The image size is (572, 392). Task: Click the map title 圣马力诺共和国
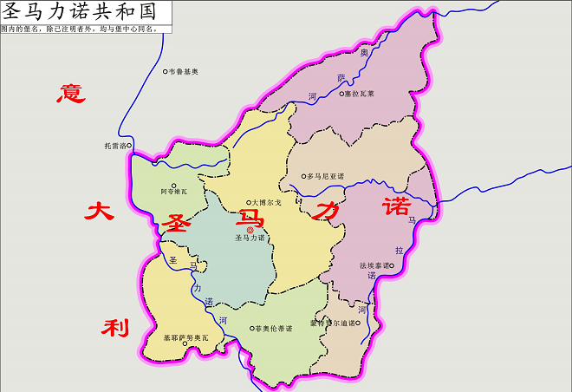point(85,12)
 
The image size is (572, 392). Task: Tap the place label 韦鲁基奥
point(184,71)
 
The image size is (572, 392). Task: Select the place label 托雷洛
point(115,146)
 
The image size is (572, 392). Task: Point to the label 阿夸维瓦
point(173,192)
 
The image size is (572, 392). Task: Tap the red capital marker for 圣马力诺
point(250,230)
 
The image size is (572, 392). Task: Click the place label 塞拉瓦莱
point(360,94)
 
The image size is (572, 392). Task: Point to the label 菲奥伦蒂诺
point(272,329)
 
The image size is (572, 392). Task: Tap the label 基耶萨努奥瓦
point(186,336)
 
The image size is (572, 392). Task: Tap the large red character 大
point(100,211)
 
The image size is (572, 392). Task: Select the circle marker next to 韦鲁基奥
point(166,71)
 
